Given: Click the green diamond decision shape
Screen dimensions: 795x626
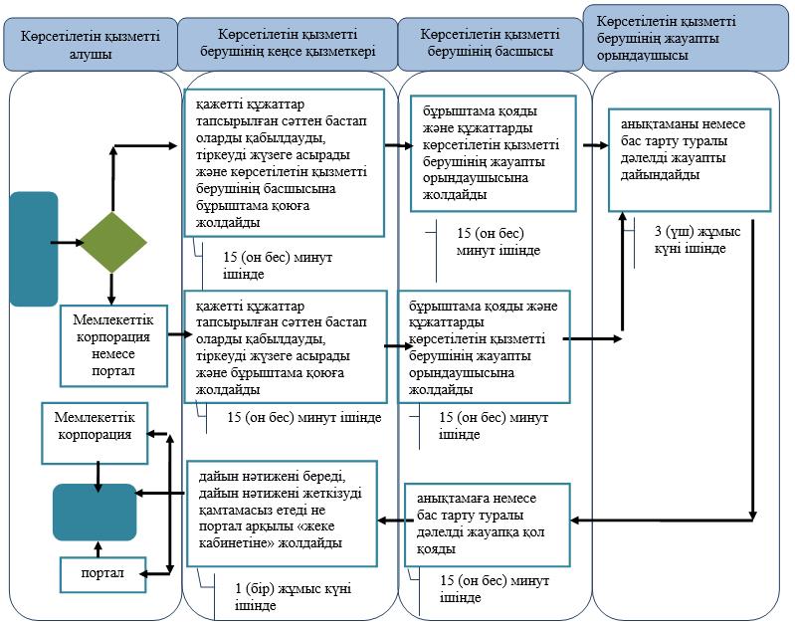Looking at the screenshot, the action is (113, 243).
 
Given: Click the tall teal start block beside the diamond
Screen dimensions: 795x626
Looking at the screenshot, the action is (34, 249).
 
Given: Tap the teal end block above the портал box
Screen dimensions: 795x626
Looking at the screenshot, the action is (95, 512).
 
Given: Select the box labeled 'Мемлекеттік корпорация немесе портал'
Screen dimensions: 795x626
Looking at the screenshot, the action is (113, 345).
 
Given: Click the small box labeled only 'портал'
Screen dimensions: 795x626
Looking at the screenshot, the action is (102, 574).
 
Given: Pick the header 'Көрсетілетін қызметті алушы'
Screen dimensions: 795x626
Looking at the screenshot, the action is (91, 45).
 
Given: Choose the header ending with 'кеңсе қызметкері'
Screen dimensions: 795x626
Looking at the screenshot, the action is (288, 44).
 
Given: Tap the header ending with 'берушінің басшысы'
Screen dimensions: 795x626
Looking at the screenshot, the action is (491, 44).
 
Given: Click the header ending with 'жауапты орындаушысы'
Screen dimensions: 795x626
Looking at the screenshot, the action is (686, 38).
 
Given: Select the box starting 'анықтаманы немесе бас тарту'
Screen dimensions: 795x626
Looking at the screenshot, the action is (690, 159).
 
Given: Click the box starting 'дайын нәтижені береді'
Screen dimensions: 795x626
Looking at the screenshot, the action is (283, 514).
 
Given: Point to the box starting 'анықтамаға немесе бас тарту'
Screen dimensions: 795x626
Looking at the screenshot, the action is (488, 525).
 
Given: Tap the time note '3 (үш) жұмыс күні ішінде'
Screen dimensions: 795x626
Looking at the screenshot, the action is (697, 240).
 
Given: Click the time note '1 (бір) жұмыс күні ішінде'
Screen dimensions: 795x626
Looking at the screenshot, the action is (294, 596).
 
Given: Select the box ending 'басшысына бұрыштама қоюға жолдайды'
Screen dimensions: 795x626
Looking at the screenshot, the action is (284, 163).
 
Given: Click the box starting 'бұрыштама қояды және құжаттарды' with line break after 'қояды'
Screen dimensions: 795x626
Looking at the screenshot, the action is (494, 153).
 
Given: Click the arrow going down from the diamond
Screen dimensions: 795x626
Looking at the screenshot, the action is (111, 289).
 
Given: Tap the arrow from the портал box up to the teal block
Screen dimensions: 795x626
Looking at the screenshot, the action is (99, 549).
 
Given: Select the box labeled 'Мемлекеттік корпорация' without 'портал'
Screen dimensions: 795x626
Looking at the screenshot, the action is (95, 433).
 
